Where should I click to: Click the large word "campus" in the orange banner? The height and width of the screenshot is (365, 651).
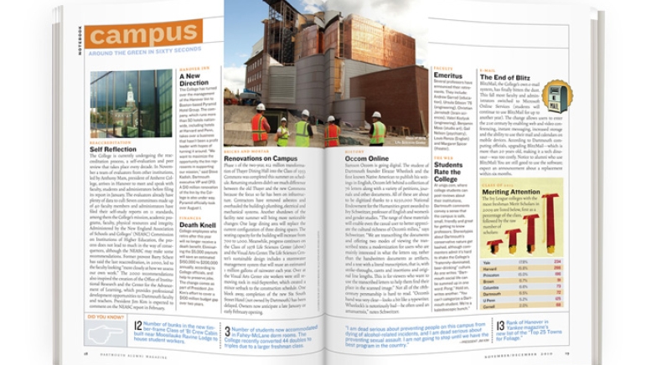pyautogui.click(x=142, y=36)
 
